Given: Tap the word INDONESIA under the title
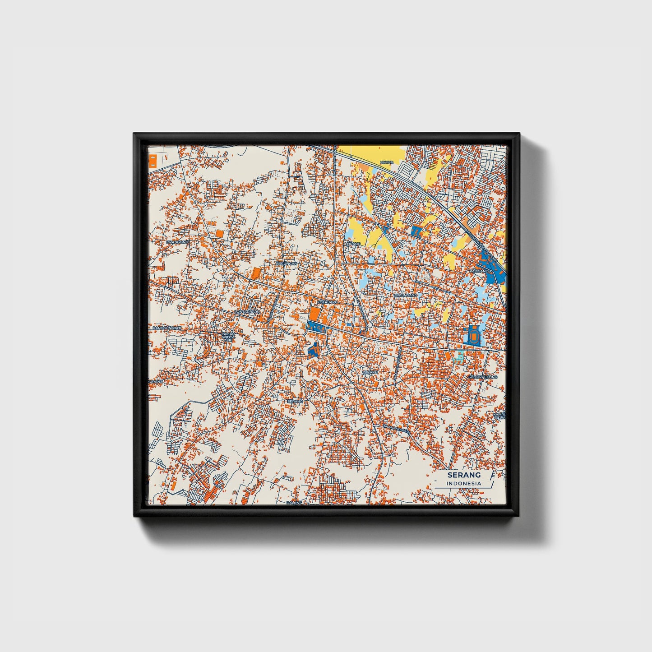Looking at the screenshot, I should [x=464, y=483].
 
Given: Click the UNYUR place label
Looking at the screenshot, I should [x=387, y=162].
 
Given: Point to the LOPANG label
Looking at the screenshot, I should [x=353, y=244].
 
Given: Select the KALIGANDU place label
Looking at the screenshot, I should [x=480, y=271].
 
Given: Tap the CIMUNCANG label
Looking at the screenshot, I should [x=406, y=295].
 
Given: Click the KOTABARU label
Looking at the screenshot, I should [x=327, y=301].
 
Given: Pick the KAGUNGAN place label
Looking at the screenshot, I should [x=287, y=263].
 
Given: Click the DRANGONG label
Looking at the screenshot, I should [x=177, y=242].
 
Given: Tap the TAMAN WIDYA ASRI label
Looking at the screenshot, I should [x=228, y=337].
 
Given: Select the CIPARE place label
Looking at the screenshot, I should [x=370, y=372].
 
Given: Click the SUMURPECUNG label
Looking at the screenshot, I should [x=482, y=376].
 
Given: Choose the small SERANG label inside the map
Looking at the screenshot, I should [x=294, y=401].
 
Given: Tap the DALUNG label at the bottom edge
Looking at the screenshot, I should [x=294, y=502].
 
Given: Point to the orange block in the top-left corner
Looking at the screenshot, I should [x=152, y=160].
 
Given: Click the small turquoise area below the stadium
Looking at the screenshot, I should [x=459, y=357].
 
